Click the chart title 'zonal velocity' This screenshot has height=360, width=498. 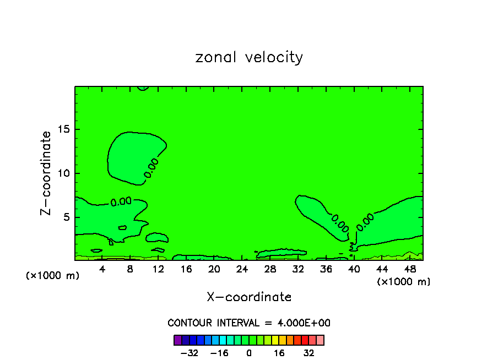click(249, 57)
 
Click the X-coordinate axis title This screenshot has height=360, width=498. click(249, 297)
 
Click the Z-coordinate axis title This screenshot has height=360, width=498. click(46, 173)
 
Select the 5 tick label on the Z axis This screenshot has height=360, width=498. click(66, 217)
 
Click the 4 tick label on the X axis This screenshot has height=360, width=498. click(102, 269)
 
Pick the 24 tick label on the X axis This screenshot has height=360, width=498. click(242, 269)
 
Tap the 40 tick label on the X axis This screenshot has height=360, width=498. click(354, 269)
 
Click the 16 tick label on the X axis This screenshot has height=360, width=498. click(186, 269)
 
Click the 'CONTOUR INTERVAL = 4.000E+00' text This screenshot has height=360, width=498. click(249, 323)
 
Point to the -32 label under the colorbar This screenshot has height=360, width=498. click(189, 353)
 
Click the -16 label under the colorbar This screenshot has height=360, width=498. click(219, 353)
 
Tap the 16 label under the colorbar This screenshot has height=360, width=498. click(279, 353)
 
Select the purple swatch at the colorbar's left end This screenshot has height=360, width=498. click(177, 340)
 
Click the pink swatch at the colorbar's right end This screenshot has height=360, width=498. click(320, 340)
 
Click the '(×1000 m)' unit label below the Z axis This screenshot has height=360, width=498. click(53, 276)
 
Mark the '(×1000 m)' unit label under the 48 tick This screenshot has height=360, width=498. click(404, 282)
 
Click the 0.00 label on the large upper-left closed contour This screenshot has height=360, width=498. click(151, 168)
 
